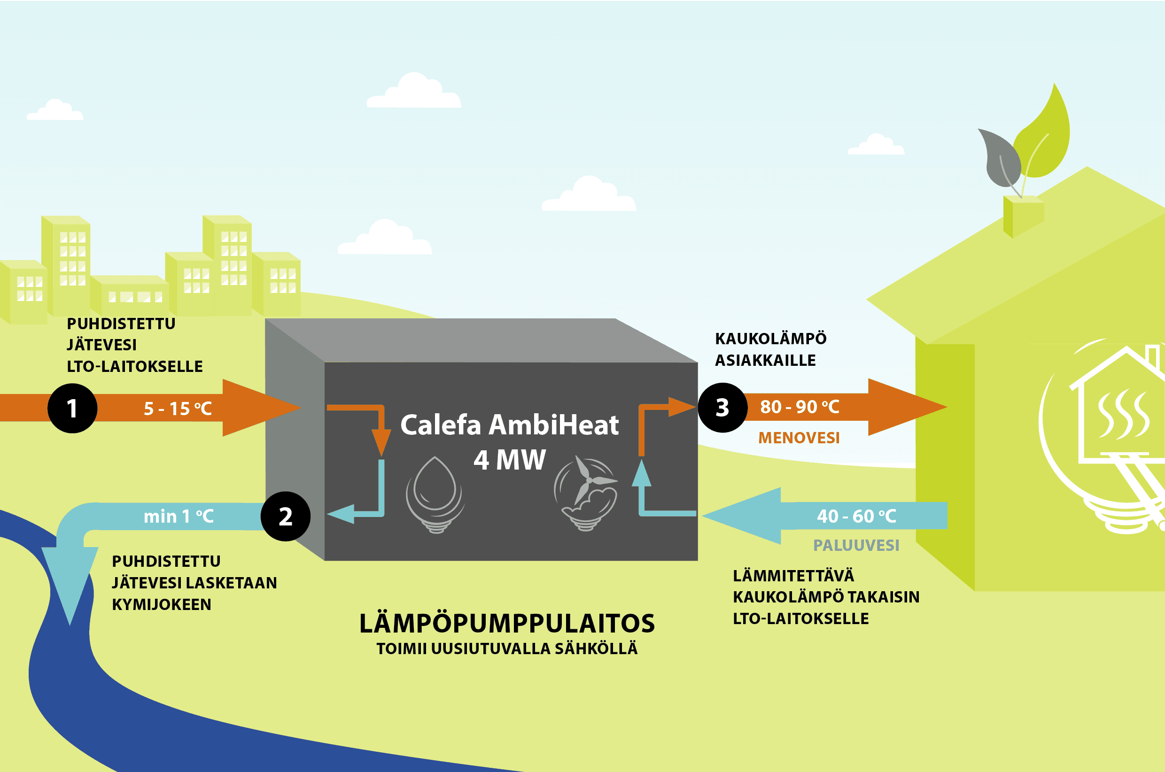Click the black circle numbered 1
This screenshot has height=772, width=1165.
[72, 408]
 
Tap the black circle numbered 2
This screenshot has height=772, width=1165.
[286, 517]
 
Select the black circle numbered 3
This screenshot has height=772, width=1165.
[722, 408]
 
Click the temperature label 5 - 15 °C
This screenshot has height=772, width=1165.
[178, 409]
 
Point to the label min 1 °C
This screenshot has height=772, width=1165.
[179, 517]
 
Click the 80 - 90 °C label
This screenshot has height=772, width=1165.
[800, 407]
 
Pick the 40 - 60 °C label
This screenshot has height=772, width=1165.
[857, 516]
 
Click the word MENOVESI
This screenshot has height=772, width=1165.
[799, 438]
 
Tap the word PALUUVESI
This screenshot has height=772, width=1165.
[856, 545]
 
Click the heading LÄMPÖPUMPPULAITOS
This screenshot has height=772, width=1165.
[507, 623]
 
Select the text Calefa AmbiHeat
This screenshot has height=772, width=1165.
[509, 425]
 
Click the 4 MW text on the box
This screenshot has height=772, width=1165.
[510, 460]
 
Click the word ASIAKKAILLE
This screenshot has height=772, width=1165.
[765, 360]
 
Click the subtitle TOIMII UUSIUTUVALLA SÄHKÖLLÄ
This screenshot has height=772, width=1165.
[507, 649]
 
